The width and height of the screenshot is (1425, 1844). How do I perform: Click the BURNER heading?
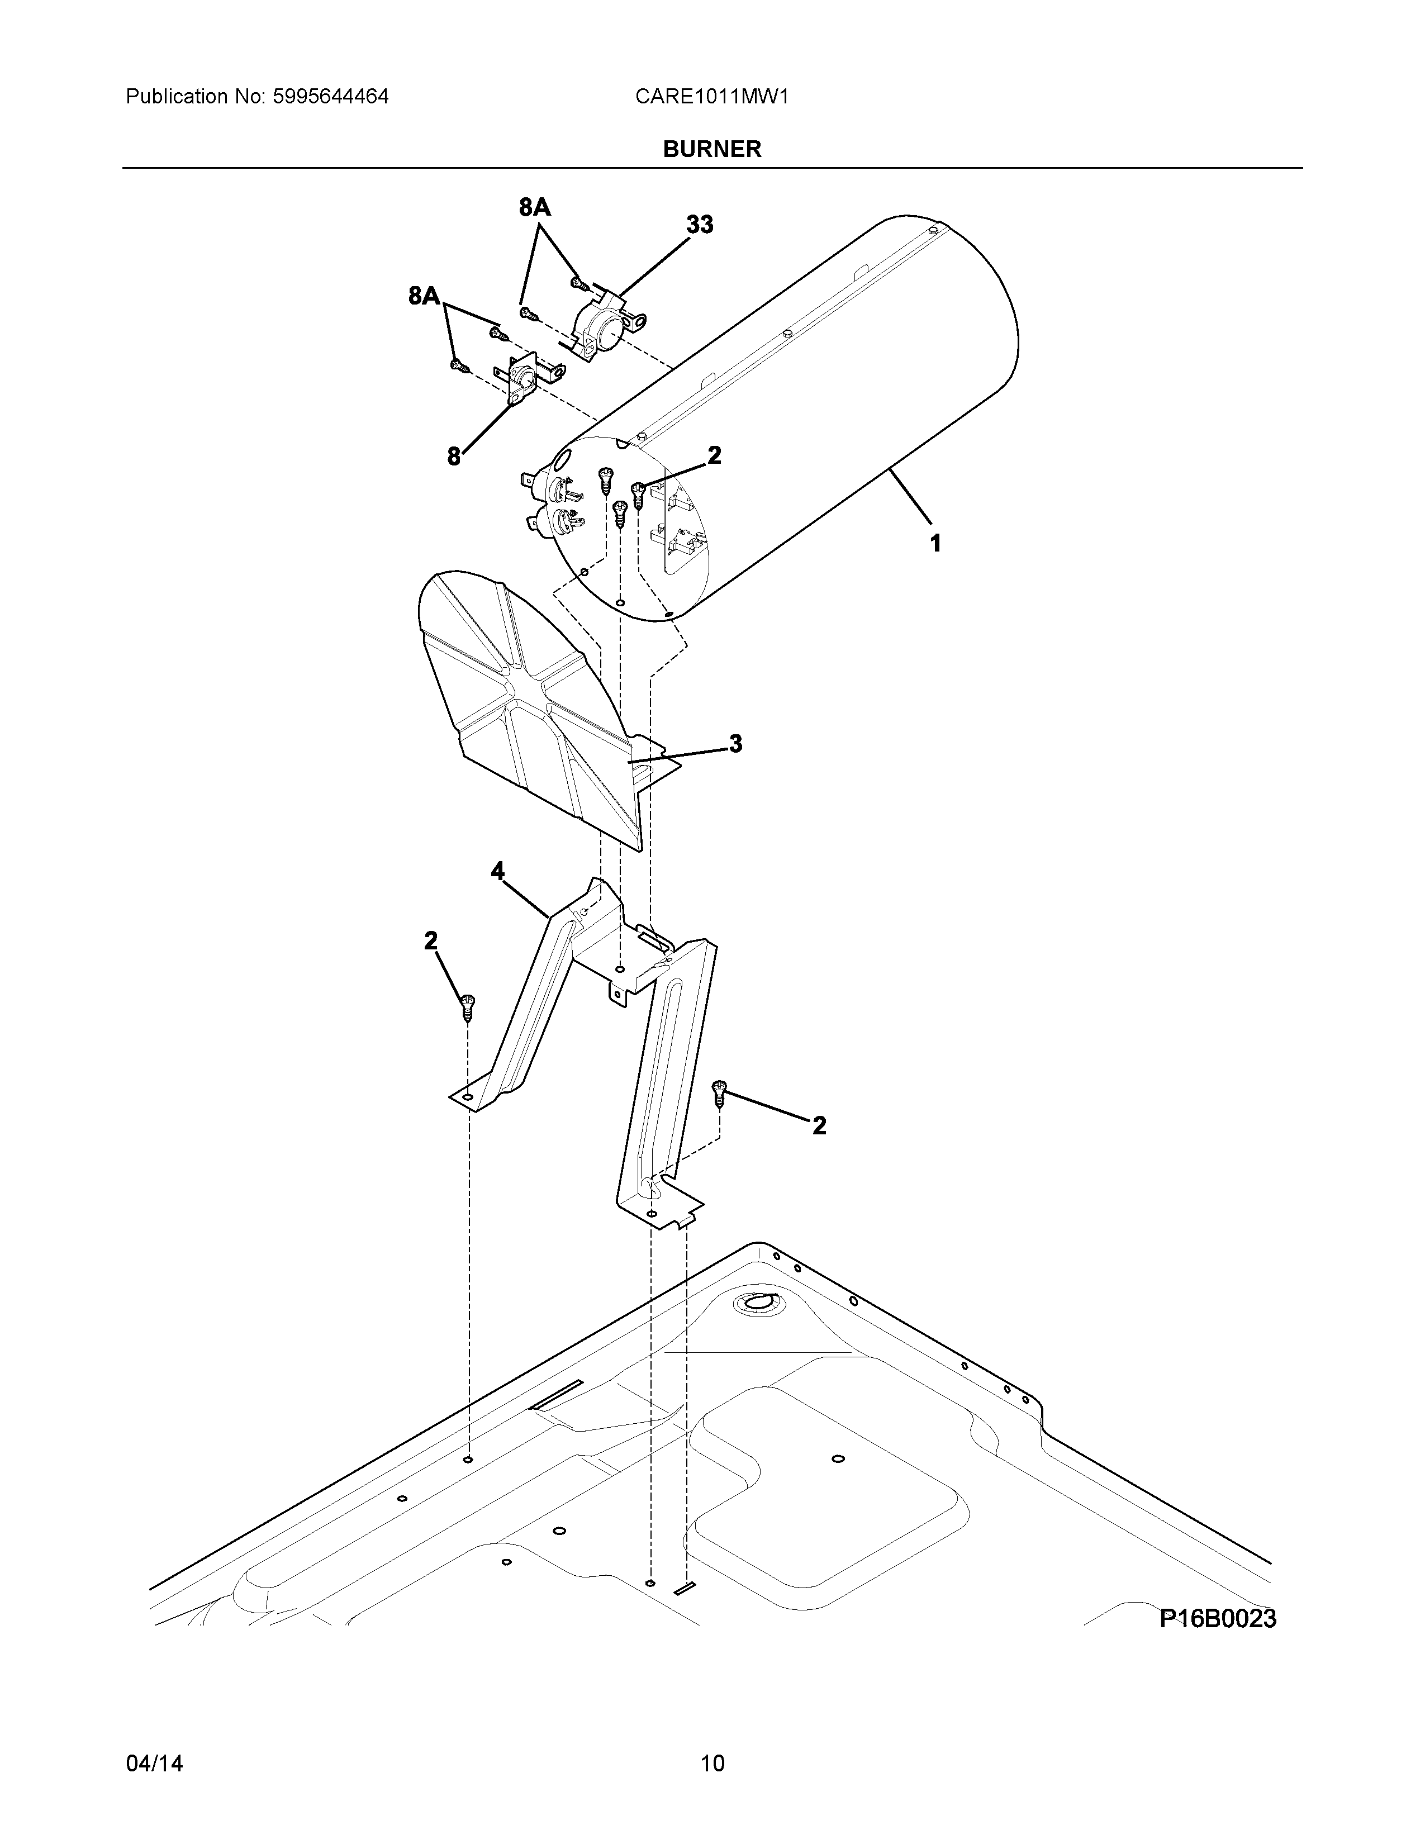tap(711, 149)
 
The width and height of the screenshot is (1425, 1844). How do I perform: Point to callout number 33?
tap(699, 225)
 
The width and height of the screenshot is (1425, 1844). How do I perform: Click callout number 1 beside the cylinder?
tap(935, 543)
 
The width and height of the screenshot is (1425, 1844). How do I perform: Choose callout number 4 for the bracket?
tap(498, 871)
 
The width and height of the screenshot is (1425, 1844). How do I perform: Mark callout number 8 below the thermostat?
tap(454, 457)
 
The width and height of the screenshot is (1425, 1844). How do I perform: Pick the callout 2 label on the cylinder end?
tap(714, 456)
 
